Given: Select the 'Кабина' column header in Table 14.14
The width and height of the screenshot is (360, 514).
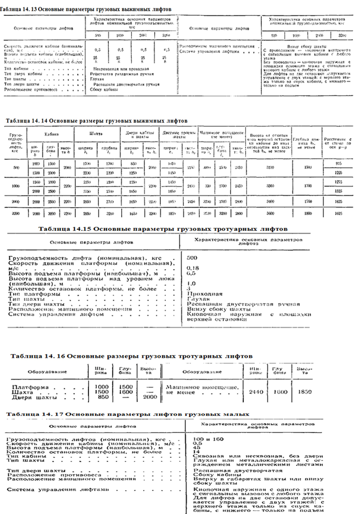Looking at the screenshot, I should point(49,134).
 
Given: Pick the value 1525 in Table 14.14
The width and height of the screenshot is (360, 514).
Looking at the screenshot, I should point(339,191).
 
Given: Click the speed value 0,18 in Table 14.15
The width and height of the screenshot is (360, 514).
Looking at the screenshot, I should point(191,268).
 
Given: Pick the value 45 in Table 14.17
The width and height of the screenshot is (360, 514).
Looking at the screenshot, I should point(195,448).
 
